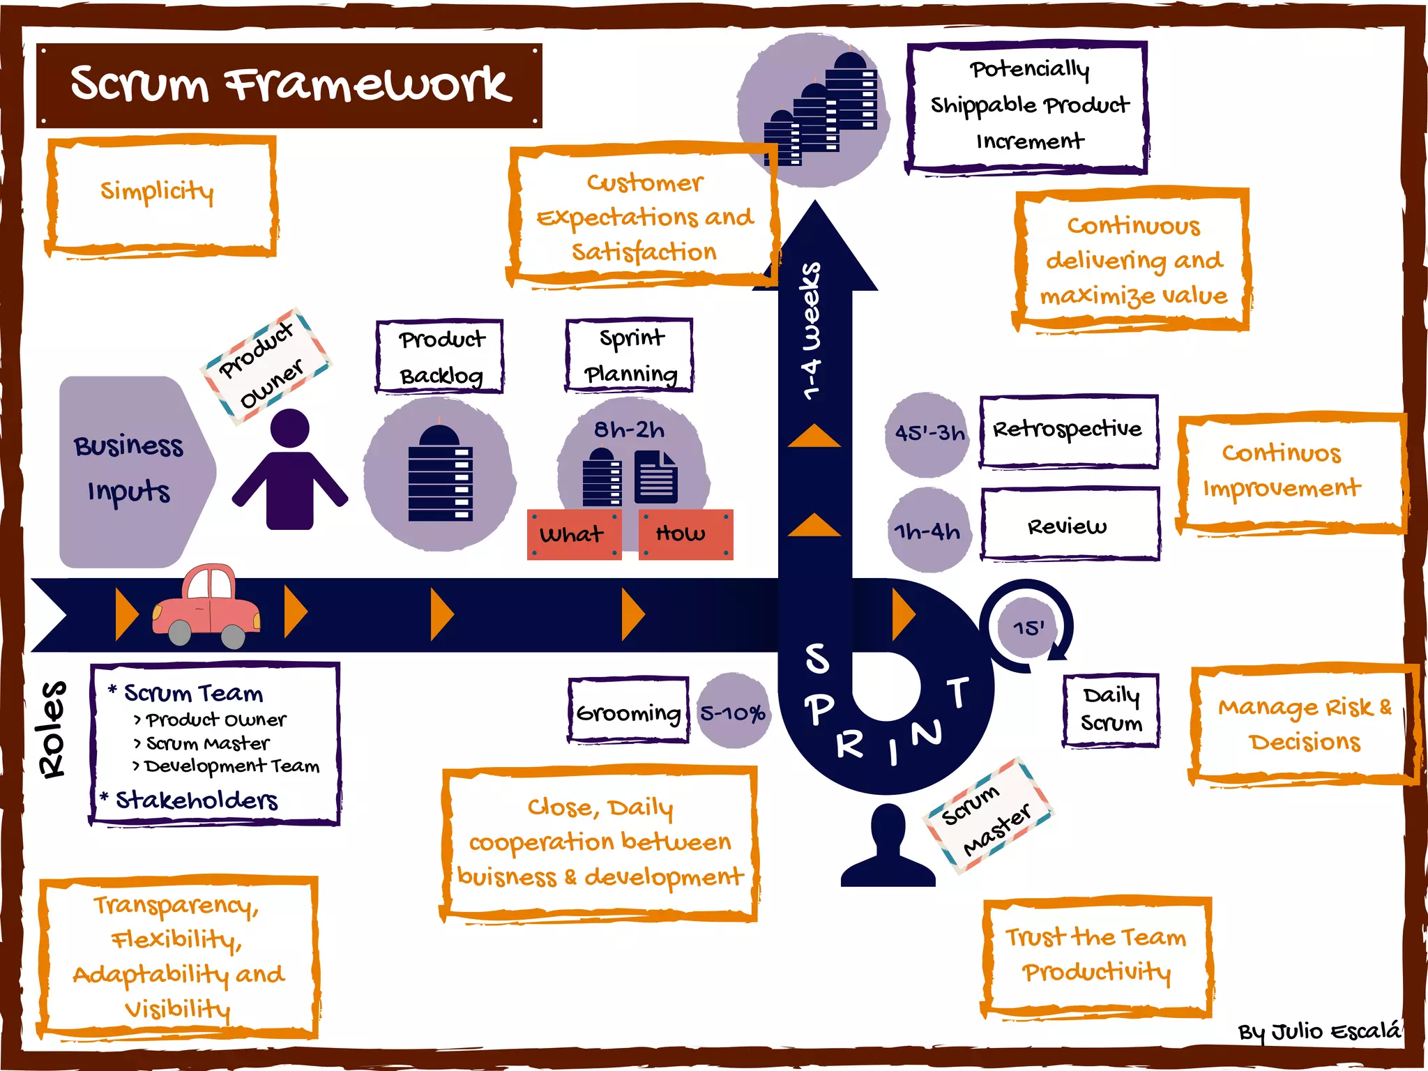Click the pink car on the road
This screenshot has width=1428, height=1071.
tap(207, 605)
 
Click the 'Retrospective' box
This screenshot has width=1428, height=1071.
tap(1068, 430)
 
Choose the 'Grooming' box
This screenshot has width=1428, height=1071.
tap(628, 712)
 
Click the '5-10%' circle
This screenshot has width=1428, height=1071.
tap(734, 712)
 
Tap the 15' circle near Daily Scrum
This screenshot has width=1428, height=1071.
tap(1028, 628)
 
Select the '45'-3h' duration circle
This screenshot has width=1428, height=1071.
tap(928, 434)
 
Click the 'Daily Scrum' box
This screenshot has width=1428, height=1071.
tap(1111, 710)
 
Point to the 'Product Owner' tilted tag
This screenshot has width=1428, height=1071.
tap(264, 366)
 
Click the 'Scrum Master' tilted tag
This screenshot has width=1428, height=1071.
tap(987, 816)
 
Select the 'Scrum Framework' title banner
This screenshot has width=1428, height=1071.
tap(289, 85)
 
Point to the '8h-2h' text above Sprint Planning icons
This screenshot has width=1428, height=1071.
tap(629, 430)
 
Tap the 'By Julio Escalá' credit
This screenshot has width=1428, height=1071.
tap(1319, 1031)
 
